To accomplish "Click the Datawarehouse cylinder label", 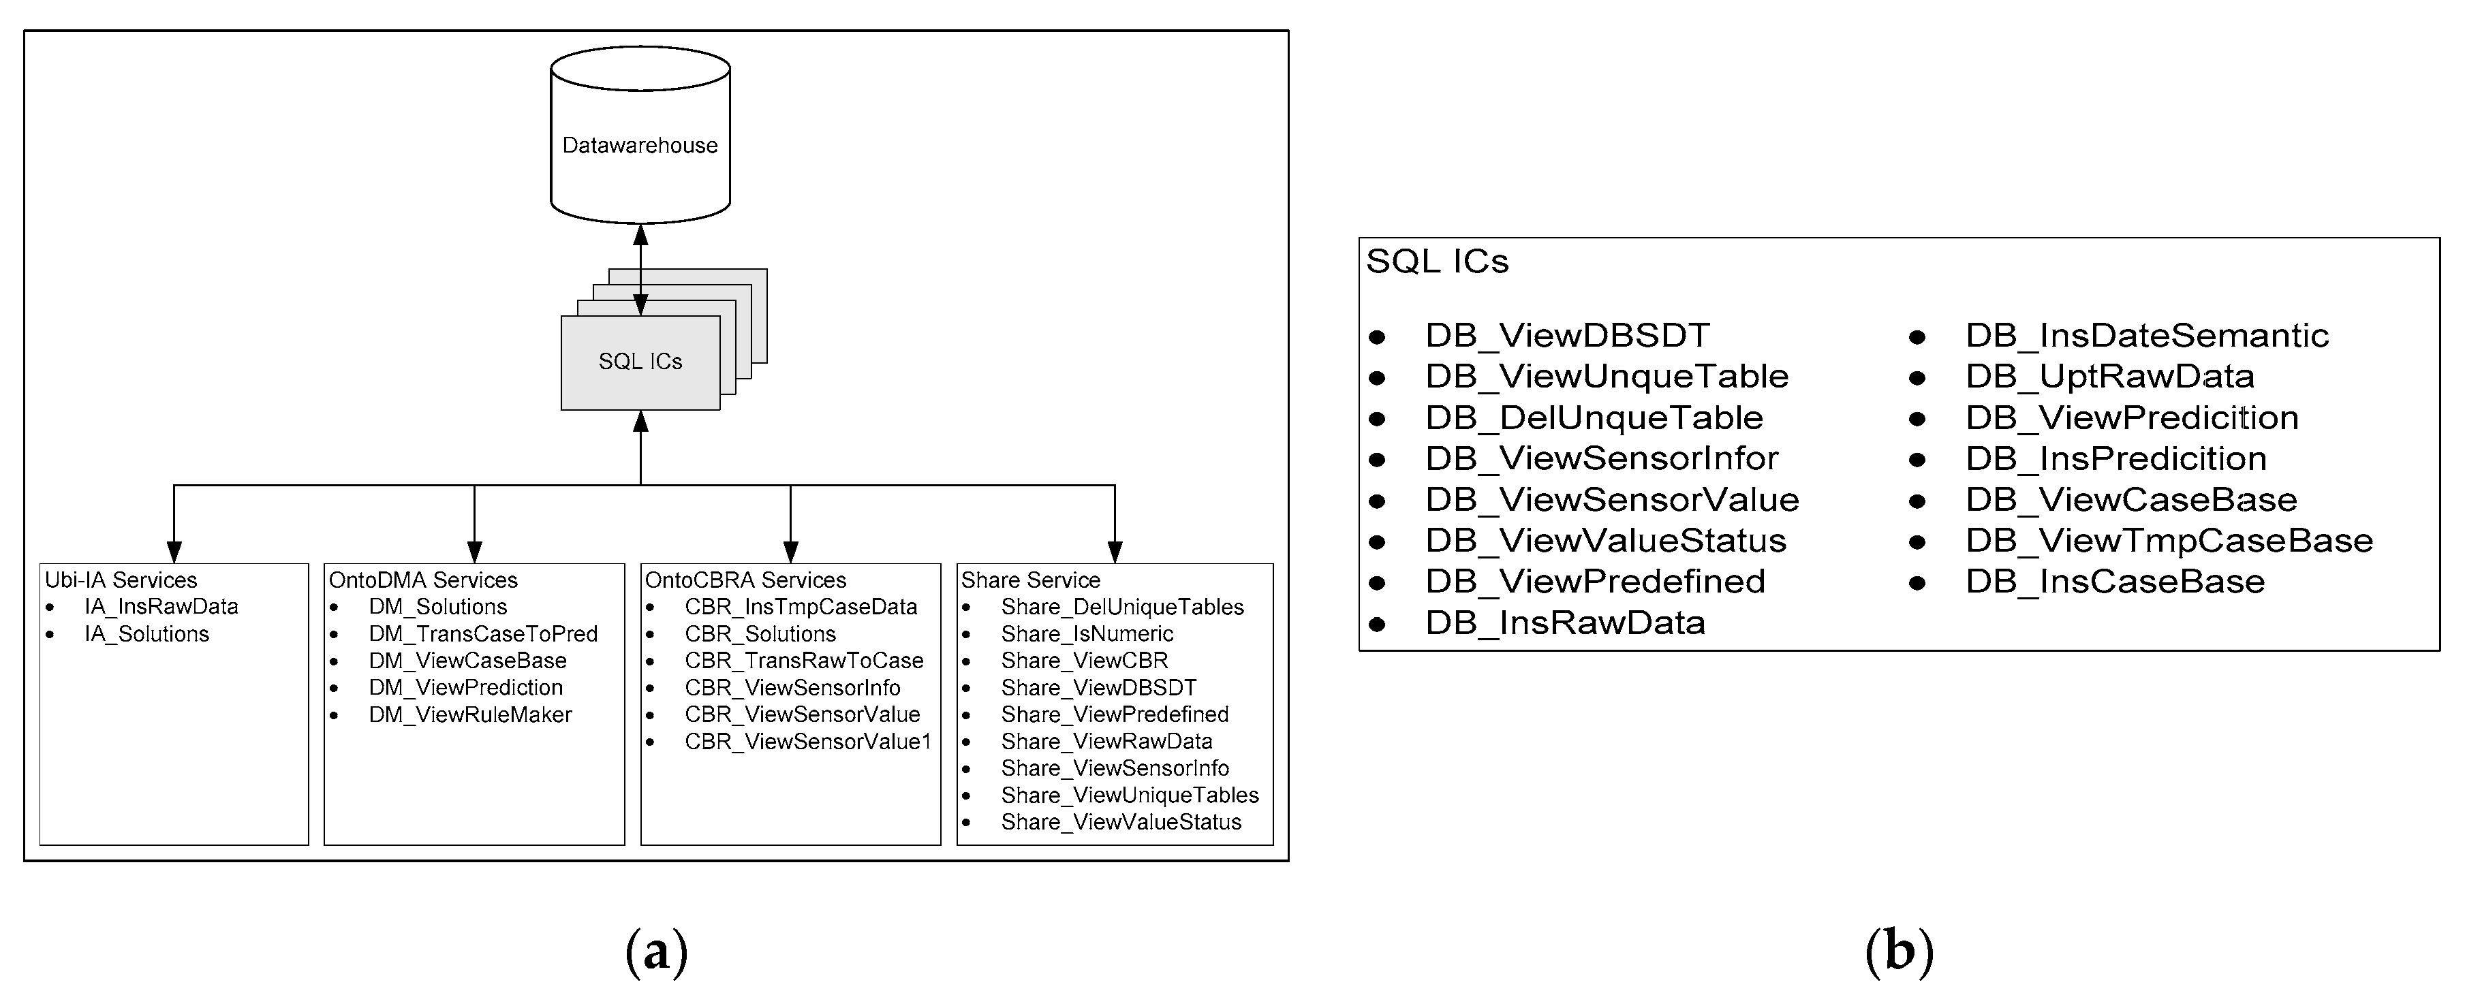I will coord(639,146).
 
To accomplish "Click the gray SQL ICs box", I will coord(639,362).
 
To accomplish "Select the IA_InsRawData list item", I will coord(161,607).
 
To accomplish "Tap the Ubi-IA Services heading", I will coord(121,580).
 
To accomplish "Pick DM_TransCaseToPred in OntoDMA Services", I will coord(482,633).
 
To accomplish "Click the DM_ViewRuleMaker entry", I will coord(470,714).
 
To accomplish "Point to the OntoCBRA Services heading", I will coord(745,580).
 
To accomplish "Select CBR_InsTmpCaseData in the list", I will coord(800,607).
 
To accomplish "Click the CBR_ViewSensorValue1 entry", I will coord(807,742).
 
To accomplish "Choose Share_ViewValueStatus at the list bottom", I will coord(1121,822).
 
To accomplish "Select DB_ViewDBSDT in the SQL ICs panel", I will coord(1566,336).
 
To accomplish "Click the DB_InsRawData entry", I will coord(1564,622).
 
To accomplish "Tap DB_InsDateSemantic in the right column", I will coord(2146,336).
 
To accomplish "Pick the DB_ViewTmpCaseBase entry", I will coord(2169,541).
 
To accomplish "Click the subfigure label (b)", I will coord(1899,952).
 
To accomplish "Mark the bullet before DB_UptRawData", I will coord(1917,378).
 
